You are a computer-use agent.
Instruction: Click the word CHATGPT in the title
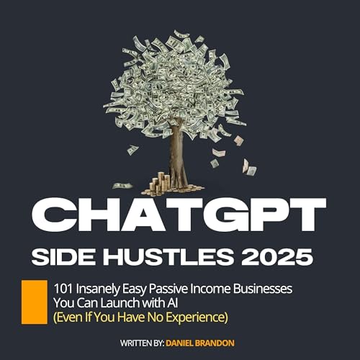pos(180,217)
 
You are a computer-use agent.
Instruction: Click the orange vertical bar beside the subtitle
pos(32,300)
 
